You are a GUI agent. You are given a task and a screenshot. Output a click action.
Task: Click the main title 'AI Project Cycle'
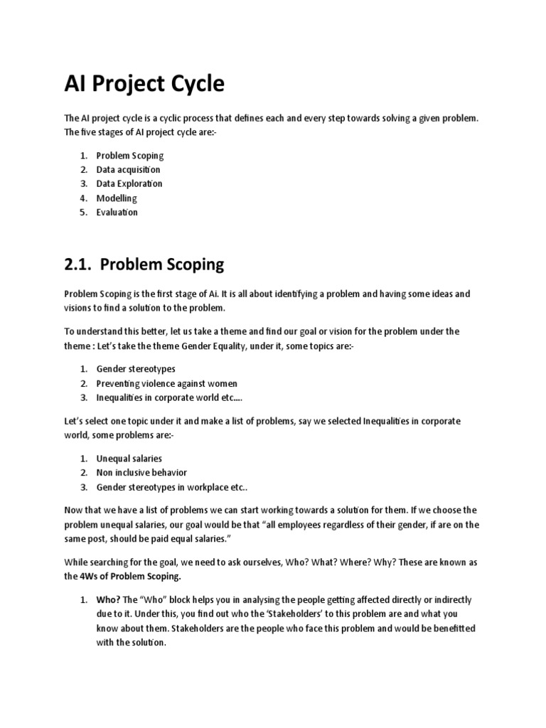tap(144, 84)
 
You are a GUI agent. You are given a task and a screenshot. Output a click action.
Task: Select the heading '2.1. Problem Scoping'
tap(144, 264)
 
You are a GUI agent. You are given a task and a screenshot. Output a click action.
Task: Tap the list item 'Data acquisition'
tap(128, 170)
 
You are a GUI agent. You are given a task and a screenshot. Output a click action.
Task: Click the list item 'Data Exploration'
tap(129, 183)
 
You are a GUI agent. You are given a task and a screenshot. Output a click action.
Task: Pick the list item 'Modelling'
tap(117, 198)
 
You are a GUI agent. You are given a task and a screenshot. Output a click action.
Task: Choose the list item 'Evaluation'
tap(117, 212)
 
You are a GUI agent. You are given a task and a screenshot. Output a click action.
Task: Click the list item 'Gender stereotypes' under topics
tap(136, 369)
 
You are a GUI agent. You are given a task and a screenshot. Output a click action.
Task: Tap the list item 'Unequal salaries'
tap(129, 459)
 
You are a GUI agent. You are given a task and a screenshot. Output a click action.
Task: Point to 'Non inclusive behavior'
tap(141, 473)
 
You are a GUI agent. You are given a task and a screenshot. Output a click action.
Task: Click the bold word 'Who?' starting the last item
tap(108, 600)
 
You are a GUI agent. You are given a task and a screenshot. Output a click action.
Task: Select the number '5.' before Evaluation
tap(84, 212)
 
